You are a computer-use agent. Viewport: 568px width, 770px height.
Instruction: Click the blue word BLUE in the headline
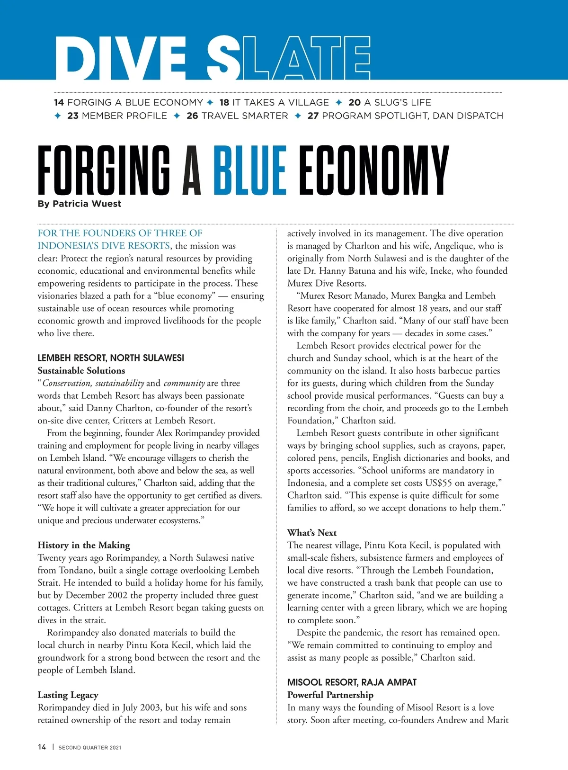click(x=250, y=170)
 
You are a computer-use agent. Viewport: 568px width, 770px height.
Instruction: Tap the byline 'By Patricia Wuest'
click(x=80, y=204)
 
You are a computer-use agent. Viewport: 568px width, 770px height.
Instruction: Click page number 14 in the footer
click(x=42, y=747)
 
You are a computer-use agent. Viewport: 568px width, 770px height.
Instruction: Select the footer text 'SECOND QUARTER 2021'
click(x=90, y=747)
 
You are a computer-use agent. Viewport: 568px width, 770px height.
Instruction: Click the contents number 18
click(x=224, y=102)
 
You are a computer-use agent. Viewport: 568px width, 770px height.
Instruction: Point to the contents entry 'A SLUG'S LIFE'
click(x=398, y=102)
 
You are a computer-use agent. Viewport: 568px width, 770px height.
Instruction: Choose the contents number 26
click(x=192, y=116)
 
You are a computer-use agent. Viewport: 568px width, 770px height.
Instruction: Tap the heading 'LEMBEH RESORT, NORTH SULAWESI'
click(x=111, y=358)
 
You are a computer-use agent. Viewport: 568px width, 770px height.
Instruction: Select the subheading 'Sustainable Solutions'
click(x=81, y=371)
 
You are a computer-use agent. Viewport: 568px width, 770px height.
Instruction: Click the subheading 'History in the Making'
click(x=84, y=545)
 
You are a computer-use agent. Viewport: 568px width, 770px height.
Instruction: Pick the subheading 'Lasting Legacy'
click(x=68, y=695)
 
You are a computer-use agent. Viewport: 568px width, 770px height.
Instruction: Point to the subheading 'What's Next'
click(x=312, y=533)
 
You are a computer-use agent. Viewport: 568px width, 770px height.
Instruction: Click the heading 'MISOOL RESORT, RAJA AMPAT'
click(x=352, y=682)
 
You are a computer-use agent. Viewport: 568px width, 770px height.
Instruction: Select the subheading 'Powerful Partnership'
click(x=330, y=695)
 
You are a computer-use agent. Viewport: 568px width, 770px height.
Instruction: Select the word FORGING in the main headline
click(x=104, y=170)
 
